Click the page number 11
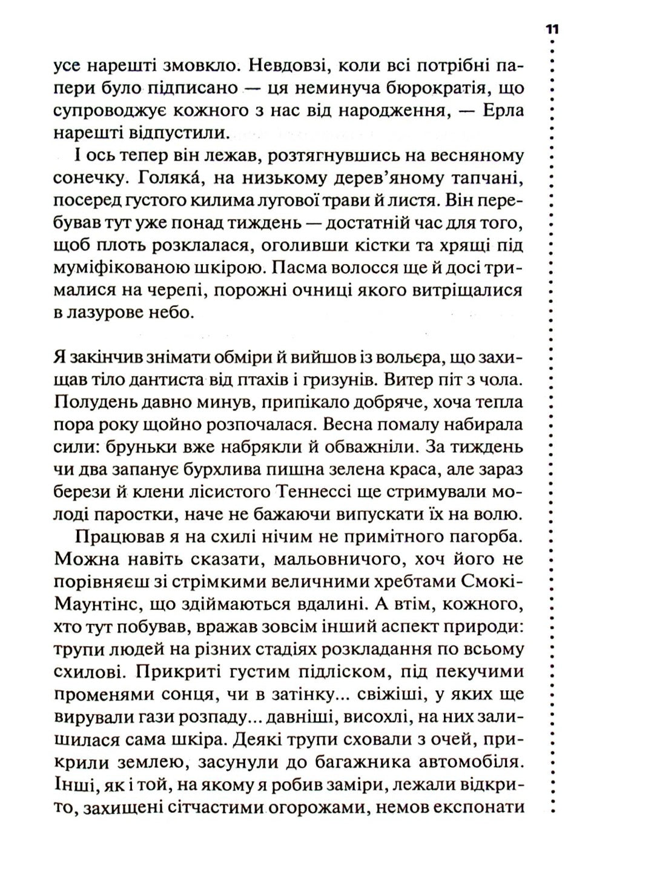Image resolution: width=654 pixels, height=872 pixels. tap(552, 30)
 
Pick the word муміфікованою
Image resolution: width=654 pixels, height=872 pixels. tap(120, 268)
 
